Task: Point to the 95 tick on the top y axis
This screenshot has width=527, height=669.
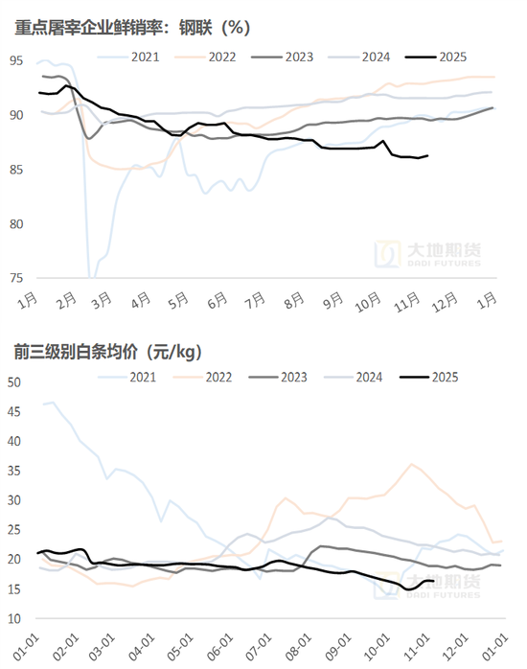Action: (15, 61)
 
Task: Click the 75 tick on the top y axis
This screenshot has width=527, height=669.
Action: (15, 278)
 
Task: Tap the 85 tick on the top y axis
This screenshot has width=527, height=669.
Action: (15, 170)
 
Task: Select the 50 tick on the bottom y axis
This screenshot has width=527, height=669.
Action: (14, 382)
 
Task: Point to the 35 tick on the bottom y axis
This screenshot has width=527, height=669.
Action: (14, 472)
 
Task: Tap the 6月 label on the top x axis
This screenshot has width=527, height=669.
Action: (214, 301)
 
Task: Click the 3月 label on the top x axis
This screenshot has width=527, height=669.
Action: (98, 301)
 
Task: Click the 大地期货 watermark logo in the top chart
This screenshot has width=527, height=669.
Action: (428, 254)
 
